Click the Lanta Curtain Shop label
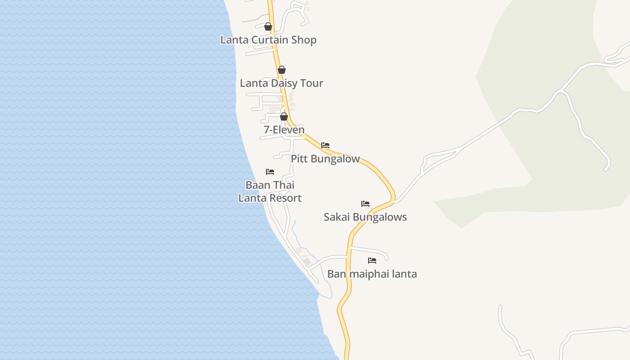coord(268,40)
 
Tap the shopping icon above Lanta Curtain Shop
coord(268,27)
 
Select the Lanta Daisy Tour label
coord(281,83)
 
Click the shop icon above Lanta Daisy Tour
coord(282,70)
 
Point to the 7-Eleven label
coord(284,130)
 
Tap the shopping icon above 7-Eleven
coord(284,117)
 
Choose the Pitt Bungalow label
coord(325,158)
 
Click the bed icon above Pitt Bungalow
coord(325,145)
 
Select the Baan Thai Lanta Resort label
coord(270,191)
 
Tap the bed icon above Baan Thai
coord(270,172)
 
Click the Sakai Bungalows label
coord(365,217)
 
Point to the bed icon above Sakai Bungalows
coord(365,204)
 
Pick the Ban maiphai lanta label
coord(372,274)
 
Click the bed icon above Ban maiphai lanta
coord(372,260)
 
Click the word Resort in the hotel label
coord(285,198)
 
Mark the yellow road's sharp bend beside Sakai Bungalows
coord(393,198)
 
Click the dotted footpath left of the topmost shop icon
coord(252,19)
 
